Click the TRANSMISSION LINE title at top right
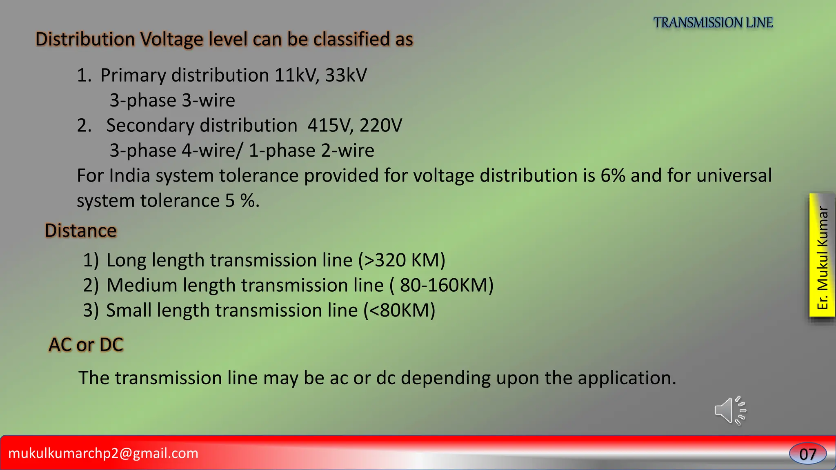713,22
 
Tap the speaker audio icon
730,410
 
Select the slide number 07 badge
807,454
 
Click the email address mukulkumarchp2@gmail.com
103,453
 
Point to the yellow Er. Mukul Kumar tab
822,255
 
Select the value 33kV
346,75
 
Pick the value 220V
380,125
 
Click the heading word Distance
81,231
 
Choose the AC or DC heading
86,345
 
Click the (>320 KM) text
402,260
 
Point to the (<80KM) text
399,310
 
